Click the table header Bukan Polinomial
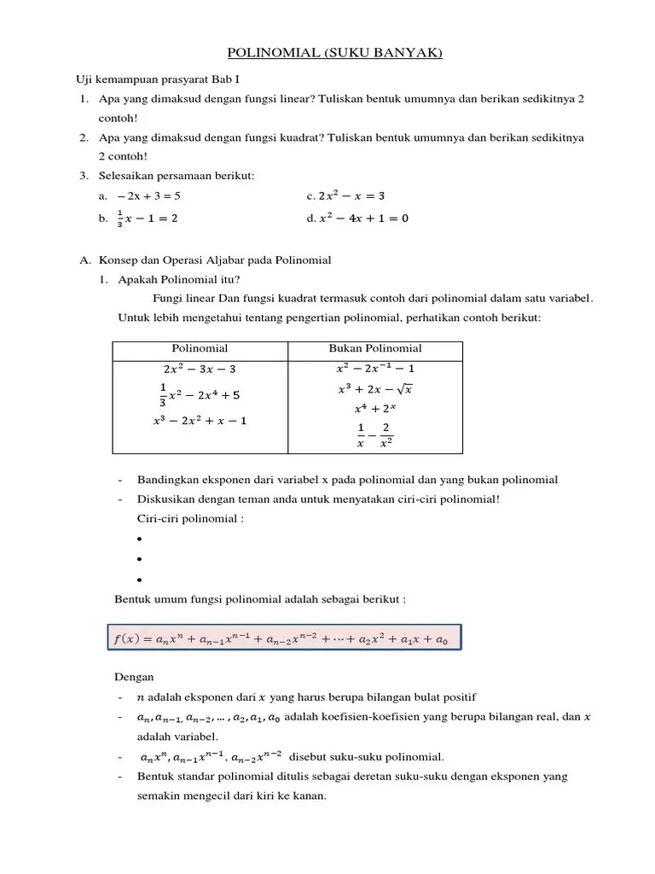pyautogui.click(x=375, y=348)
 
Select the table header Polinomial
pyautogui.click(x=200, y=348)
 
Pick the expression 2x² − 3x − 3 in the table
pyautogui.click(x=200, y=370)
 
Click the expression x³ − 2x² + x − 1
pyautogui.click(x=200, y=421)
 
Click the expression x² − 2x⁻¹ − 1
pyautogui.click(x=375, y=369)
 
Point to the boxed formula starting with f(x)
pyautogui.click(x=283, y=638)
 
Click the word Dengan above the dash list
pyautogui.click(x=134, y=677)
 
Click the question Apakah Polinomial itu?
pyautogui.click(x=179, y=279)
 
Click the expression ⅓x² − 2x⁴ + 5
pyautogui.click(x=200, y=395)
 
